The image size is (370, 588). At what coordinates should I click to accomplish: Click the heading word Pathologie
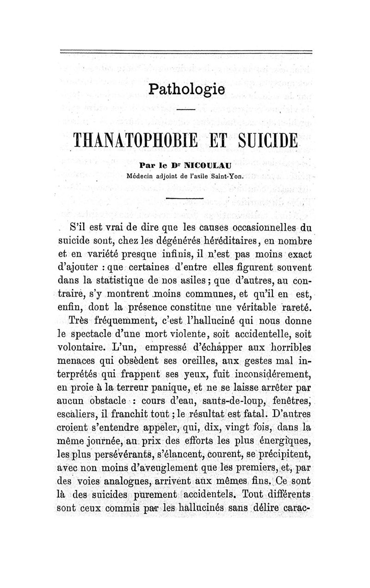[187, 89]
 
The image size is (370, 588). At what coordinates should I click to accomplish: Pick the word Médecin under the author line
[140, 175]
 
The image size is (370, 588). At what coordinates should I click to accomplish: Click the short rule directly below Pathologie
[186, 110]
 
